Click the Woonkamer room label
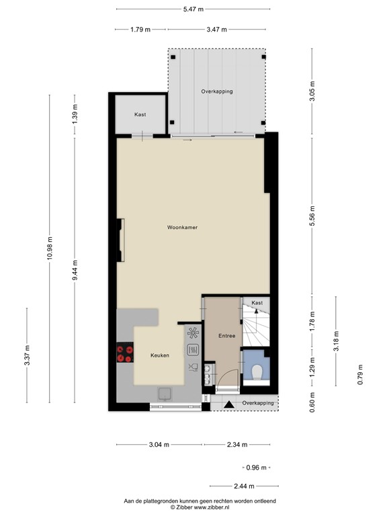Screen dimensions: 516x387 pos(182,228)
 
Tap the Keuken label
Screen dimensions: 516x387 pos(159,355)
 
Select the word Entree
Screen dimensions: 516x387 pos(226,335)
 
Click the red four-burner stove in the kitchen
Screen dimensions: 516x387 pos(124,353)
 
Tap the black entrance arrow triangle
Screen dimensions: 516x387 pos(230,404)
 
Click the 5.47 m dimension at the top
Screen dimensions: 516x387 pos(193,9)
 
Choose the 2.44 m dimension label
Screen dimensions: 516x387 pos(245,486)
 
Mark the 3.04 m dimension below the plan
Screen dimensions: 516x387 pos(159,444)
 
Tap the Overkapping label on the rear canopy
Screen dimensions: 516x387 pos(216,91)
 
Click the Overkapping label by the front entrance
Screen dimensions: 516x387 pos(258,403)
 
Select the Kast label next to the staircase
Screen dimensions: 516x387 pos(257,304)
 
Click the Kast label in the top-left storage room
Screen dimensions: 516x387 pos(140,114)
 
